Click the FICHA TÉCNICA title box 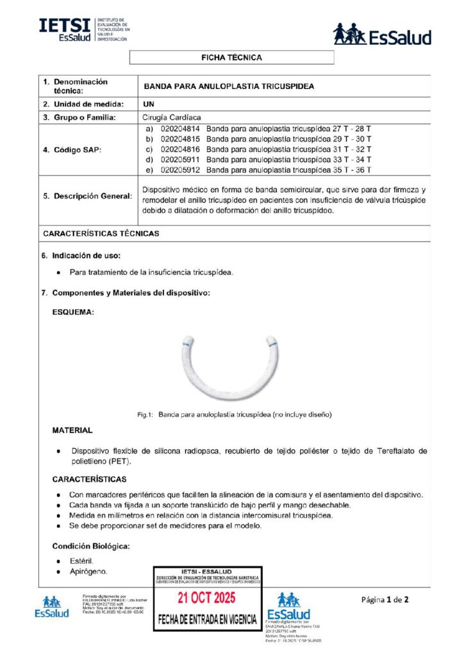click(231, 58)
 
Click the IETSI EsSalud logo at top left click(84, 29)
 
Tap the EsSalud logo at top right click(382, 35)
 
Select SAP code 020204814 click(181, 129)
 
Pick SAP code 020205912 click(181, 170)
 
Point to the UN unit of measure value click(149, 104)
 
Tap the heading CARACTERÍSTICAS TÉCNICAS click(101, 233)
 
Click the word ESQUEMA click(73, 313)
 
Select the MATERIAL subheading click(72, 430)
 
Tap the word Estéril click(81, 561)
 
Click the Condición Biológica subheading click(91, 546)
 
